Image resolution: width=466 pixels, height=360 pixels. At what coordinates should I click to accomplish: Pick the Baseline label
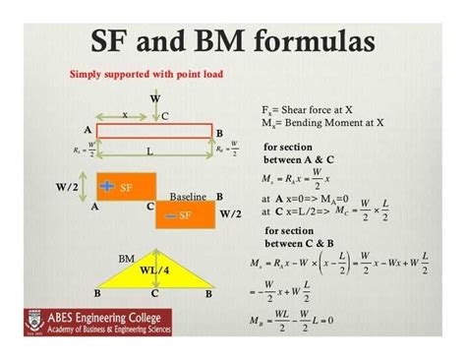point(188,197)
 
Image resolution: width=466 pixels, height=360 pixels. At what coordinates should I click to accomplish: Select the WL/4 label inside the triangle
point(154,270)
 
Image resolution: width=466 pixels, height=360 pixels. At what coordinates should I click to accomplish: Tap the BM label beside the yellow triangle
point(126,258)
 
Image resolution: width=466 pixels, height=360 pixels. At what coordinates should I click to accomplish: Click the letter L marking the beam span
point(149,152)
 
